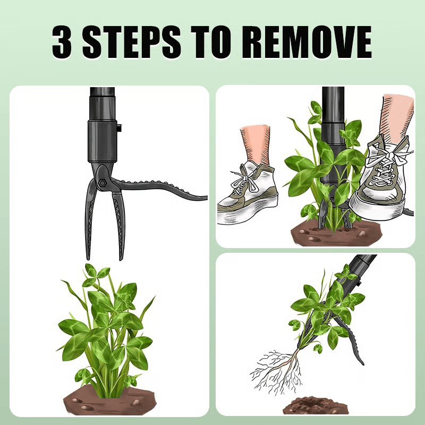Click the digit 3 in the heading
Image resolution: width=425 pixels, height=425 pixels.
[62, 42]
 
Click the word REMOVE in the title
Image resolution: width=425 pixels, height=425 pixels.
[307, 42]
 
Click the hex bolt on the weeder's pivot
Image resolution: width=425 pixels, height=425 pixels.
[102, 183]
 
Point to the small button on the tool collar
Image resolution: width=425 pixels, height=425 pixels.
[119, 127]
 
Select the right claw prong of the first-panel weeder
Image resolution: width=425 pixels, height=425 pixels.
[118, 225]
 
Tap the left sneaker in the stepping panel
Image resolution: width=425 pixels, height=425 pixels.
[248, 192]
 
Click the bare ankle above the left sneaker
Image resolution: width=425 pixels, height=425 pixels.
[256, 144]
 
